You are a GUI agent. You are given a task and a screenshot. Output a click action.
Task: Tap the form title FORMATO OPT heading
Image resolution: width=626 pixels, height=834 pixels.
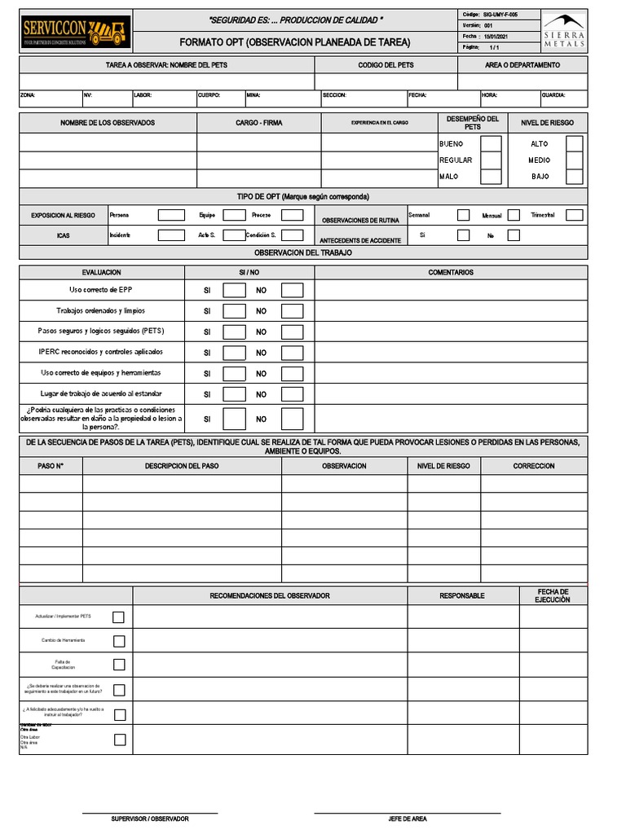[x=294, y=42]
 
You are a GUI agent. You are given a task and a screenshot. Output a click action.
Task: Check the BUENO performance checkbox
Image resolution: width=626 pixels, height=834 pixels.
[x=491, y=144]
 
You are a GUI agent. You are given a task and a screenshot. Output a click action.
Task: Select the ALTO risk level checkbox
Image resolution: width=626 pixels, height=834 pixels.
[x=574, y=144]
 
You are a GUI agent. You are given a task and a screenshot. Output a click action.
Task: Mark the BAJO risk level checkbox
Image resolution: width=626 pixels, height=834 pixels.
[x=574, y=177]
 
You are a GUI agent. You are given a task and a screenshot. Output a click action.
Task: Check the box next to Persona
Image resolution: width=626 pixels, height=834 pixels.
[x=171, y=215]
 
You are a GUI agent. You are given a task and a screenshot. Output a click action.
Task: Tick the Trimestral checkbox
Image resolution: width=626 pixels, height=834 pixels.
[x=574, y=215]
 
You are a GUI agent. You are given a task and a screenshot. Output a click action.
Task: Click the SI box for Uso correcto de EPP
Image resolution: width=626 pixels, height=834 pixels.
[x=234, y=290]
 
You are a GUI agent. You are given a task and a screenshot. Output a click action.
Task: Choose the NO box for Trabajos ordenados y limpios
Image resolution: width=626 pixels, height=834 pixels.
[x=292, y=311]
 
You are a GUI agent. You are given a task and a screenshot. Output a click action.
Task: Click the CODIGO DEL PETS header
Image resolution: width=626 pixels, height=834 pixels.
[x=386, y=65]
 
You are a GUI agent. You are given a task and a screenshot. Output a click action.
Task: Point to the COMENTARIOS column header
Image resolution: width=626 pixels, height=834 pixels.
[x=451, y=272]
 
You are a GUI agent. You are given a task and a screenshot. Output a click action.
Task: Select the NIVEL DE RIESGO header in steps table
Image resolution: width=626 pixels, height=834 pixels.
[x=443, y=466]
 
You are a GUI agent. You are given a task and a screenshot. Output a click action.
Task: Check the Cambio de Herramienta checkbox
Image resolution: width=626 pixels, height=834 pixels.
[x=119, y=641]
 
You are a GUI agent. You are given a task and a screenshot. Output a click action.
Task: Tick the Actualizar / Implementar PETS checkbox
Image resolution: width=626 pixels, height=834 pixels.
[x=119, y=617]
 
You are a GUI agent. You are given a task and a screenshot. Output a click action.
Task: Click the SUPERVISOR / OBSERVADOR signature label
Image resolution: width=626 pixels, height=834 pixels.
[x=150, y=819]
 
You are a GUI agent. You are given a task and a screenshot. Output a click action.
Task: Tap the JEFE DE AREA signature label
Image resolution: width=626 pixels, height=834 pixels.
[x=407, y=819]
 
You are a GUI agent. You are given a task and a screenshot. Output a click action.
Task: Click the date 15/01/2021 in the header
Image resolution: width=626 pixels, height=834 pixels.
[x=496, y=37]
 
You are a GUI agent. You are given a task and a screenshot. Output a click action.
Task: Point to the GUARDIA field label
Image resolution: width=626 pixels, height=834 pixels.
[x=553, y=95]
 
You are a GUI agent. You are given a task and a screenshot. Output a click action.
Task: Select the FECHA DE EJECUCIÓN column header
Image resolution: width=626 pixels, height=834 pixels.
[x=553, y=595]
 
